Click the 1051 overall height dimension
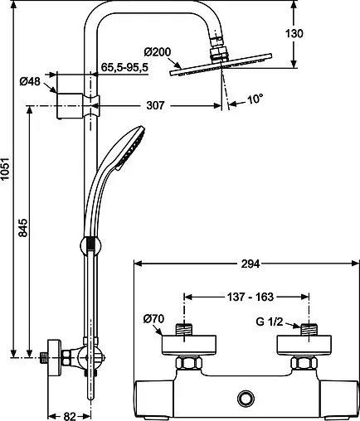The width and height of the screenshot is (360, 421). click(5, 169)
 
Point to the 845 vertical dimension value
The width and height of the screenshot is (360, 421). click(23, 228)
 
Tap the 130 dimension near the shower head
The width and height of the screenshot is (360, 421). click(294, 33)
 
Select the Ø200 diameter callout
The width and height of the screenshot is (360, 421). click(158, 52)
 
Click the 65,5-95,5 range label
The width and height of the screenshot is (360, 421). click(124, 67)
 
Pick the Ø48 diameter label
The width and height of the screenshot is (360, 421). click(30, 81)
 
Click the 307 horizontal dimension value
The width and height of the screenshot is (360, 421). click(155, 105)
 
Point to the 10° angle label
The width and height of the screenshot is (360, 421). click(255, 99)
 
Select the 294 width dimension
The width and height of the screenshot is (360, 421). click(251, 264)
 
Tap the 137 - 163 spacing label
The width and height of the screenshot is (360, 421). click(251, 297)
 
